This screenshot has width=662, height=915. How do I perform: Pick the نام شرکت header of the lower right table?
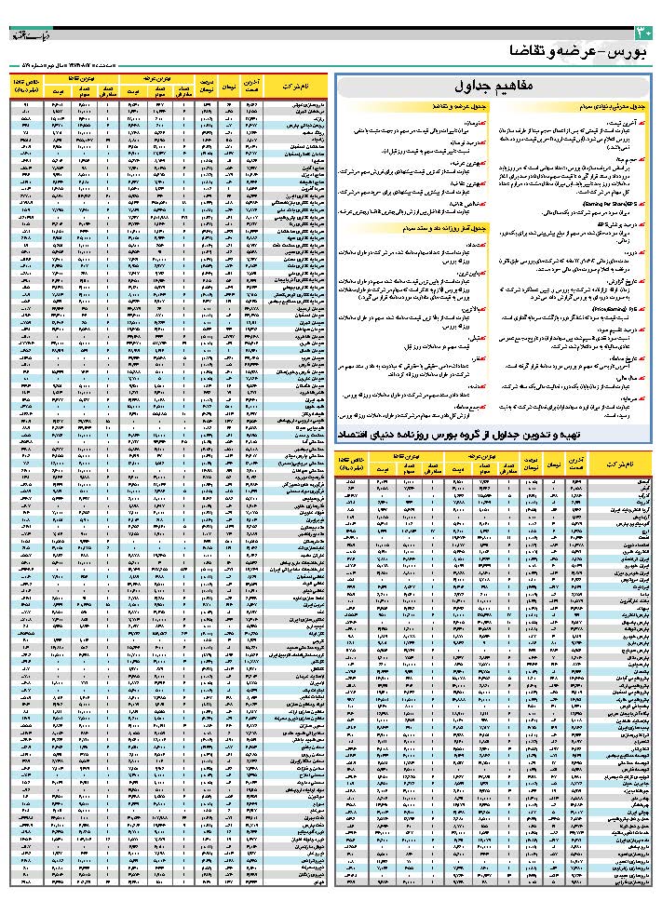click(620, 463)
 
